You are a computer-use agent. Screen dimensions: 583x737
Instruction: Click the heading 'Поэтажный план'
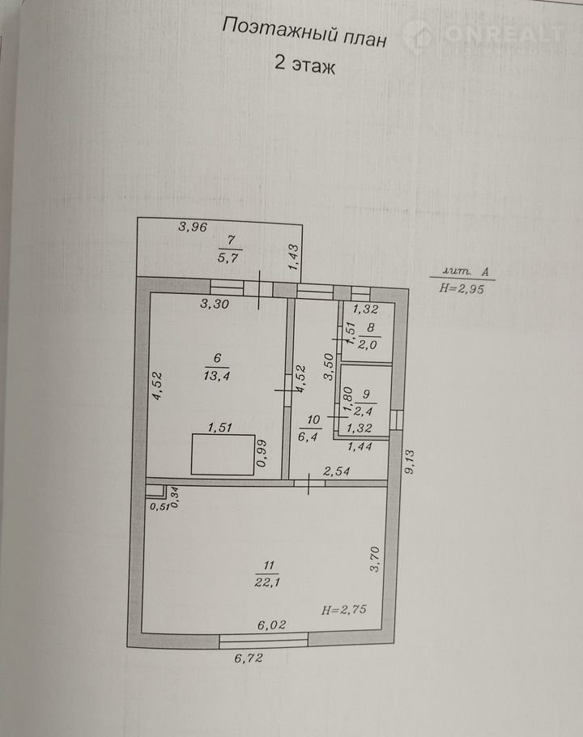pos(304,32)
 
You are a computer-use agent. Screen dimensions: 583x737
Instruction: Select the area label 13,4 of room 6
pos(216,376)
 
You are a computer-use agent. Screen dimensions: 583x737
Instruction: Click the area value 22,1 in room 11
pos(267,582)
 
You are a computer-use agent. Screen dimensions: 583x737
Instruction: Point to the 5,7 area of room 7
pos(228,257)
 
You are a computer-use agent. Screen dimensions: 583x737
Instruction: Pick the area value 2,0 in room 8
pos(368,344)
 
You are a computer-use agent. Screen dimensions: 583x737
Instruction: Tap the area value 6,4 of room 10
pos(309,437)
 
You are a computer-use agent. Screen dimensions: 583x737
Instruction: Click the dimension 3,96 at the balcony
pos(193,227)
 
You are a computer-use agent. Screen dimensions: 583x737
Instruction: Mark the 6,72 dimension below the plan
pos(249,658)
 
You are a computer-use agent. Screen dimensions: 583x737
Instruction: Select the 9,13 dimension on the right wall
pos(409,462)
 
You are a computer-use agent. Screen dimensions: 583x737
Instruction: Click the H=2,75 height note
pos(344,610)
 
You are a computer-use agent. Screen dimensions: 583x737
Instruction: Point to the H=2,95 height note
pos(462,288)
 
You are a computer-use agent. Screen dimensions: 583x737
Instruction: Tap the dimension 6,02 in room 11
pos(271,624)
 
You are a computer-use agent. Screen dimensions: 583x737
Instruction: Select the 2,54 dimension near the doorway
pos(336,471)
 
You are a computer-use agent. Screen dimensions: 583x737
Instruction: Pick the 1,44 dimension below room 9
pos(360,446)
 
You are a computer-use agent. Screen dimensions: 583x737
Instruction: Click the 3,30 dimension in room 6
pos(215,304)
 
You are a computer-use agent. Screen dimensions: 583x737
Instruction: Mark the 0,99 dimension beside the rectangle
pos(262,453)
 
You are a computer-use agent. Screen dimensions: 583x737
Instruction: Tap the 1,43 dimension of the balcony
pos(293,257)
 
